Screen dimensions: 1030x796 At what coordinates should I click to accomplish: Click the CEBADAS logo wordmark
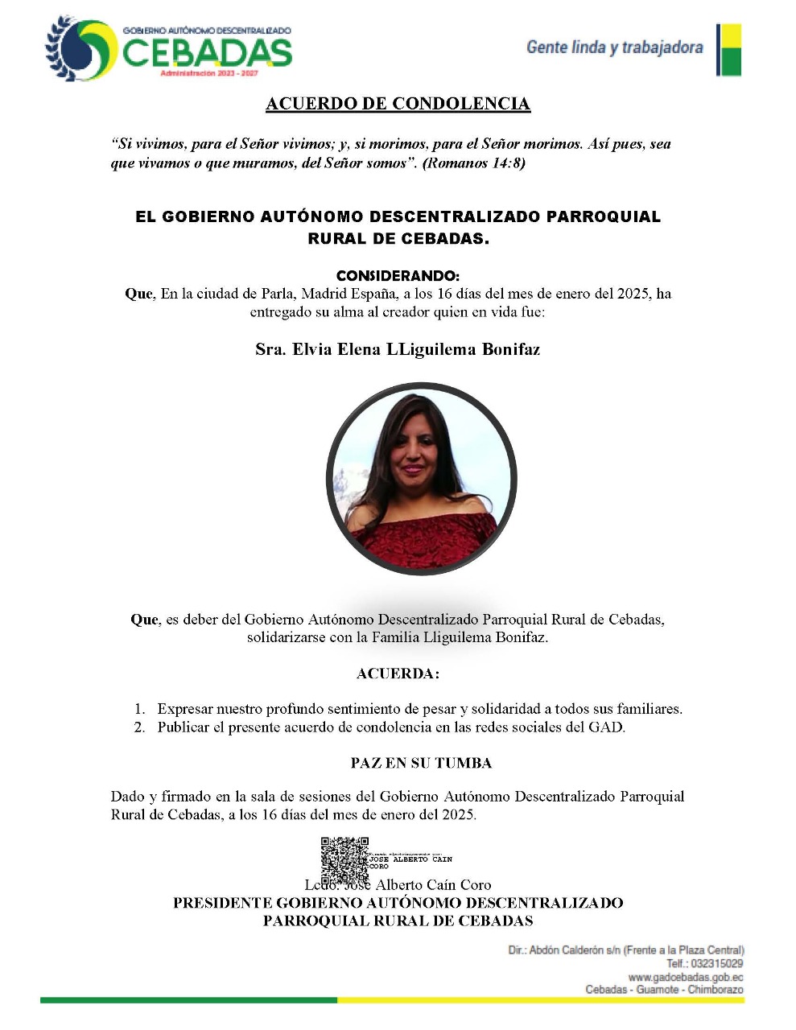pos(207,53)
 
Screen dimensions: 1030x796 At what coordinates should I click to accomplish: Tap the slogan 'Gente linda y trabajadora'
pos(614,47)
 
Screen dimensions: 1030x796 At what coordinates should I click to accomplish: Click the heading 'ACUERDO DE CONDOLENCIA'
pos(398,104)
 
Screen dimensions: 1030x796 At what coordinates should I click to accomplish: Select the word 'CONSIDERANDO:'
pos(398,276)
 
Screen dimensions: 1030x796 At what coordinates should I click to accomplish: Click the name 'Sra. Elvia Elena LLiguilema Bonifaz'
pos(398,349)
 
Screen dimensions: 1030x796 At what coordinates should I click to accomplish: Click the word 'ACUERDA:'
pos(398,674)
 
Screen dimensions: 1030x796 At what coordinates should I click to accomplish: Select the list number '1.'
pos(139,709)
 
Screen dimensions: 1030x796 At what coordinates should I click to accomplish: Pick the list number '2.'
pos(139,727)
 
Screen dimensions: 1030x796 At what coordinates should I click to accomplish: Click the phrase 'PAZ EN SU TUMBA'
pos(421,763)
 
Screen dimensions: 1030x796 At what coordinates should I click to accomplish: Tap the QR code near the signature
pos(344,862)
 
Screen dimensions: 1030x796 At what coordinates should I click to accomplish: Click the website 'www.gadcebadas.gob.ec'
pos(685,977)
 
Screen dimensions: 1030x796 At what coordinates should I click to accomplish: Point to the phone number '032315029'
pos(716,964)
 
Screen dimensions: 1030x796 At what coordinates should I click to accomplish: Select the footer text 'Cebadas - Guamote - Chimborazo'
pos(664,990)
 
